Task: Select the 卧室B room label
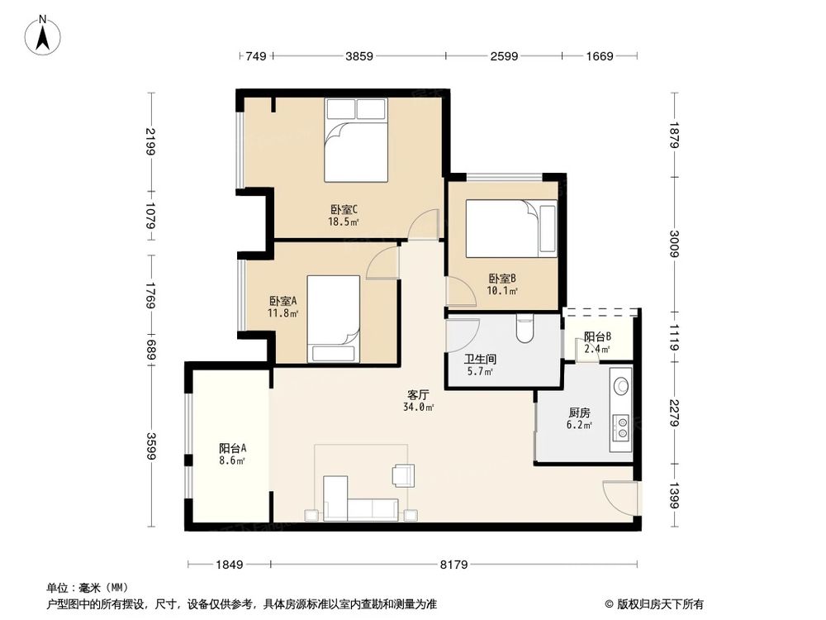pyautogui.click(x=502, y=284)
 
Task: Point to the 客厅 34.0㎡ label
pyautogui.click(x=420, y=400)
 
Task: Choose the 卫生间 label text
pyautogui.click(x=478, y=365)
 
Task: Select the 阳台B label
pyautogui.click(x=597, y=342)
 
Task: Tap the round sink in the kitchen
pyautogui.click(x=621, y=384)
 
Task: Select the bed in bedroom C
pyautogui.click(x=356, y=140)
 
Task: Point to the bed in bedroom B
pyautogui.click(x=511, y=229)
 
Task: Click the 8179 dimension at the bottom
pyautogui.click(x=453, y=565)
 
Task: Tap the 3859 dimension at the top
pyautogui.click(x=359, y=56)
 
